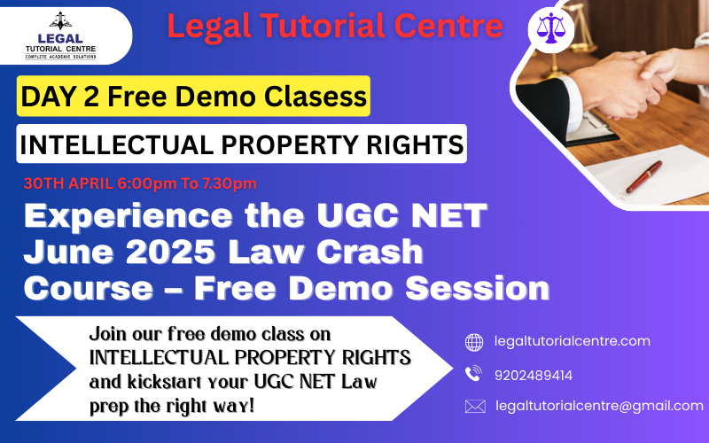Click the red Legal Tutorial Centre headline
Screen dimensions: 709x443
335,27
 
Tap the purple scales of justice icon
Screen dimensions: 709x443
550,28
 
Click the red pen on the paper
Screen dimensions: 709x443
644,176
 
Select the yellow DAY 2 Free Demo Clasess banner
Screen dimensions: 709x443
193,96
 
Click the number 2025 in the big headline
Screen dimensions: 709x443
170,252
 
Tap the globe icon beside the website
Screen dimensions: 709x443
474,342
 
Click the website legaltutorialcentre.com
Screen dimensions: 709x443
572,341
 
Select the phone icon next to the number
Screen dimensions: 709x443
473,373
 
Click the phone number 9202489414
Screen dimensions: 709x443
534,375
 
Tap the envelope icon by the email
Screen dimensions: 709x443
475,407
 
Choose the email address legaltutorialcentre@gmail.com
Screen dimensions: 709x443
600,406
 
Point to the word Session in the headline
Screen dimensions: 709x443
478,288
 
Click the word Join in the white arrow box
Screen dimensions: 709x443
107,335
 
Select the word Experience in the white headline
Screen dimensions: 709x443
128,217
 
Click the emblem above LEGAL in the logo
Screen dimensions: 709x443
60,21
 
